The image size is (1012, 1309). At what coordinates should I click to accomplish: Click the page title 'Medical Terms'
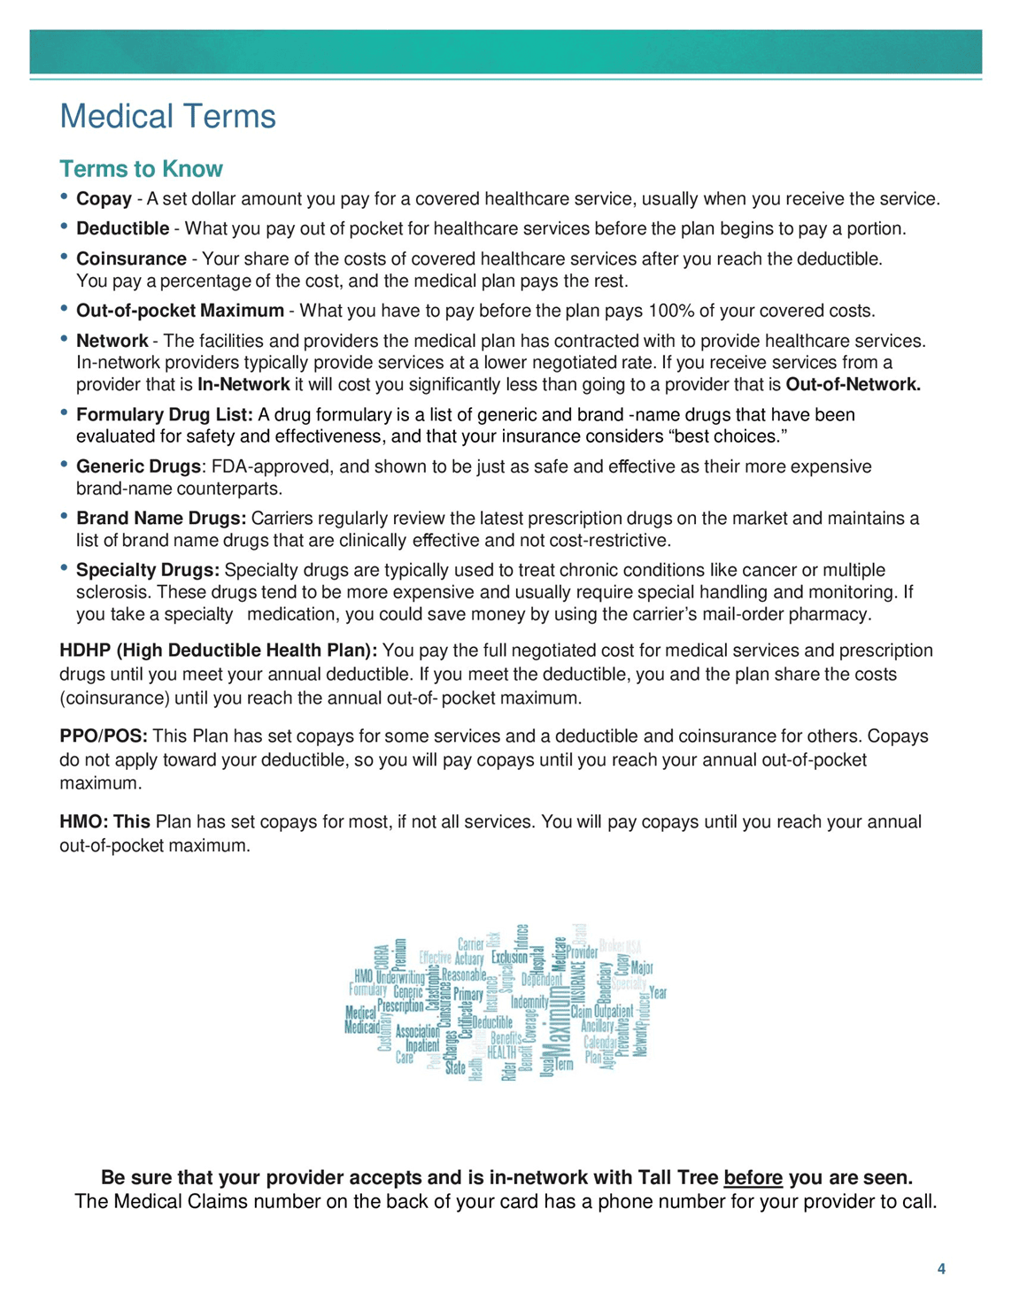coord(167,117)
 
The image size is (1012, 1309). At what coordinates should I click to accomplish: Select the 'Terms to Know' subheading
coord(141,169)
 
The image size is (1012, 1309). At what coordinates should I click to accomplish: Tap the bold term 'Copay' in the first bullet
coord(104,199)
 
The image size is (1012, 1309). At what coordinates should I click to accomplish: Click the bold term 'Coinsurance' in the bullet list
coord(131,259)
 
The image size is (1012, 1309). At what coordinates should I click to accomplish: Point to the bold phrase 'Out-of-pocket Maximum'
coord(180,311)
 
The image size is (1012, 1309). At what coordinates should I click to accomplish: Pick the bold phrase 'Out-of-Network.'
coord(853,385)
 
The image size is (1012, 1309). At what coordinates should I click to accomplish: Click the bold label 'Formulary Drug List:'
coord(165,415)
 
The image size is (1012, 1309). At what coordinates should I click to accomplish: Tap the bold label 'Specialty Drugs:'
coord(148,571)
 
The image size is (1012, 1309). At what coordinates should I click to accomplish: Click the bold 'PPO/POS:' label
coord(104,736)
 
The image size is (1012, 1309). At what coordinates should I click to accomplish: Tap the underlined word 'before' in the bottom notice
coord(753,1178)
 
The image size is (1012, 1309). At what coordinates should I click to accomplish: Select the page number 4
coord(941,1269)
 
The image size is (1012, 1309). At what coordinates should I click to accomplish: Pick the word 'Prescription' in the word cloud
coord(400,1006)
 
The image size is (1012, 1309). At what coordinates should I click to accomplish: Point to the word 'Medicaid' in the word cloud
coord(361,1028)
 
